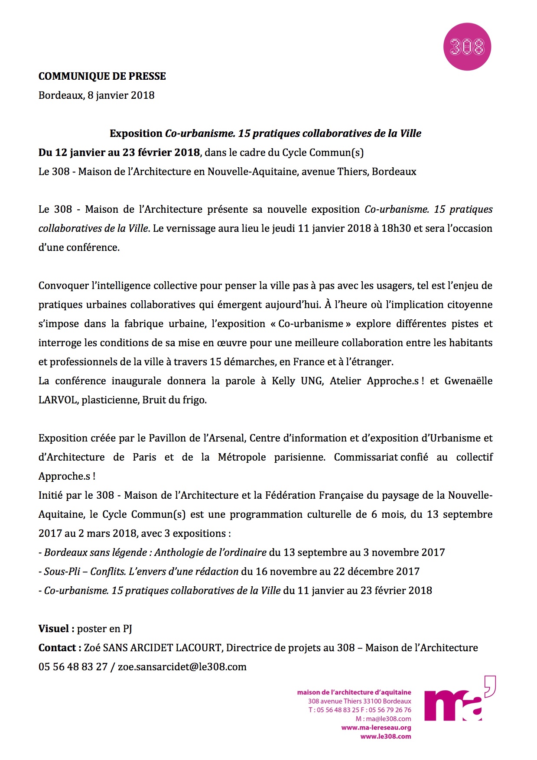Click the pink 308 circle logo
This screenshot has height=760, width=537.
[x=467, y=47]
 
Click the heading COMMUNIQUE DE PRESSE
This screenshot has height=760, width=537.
[x=102, y=76]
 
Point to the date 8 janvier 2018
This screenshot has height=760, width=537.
[x=121, y=95]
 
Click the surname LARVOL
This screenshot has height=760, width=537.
[x=58, y=400]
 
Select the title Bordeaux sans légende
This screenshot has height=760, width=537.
[x=96, y=552]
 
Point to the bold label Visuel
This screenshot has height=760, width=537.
[x=54, y=629]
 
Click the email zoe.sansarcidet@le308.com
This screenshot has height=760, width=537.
[x=182, y=667]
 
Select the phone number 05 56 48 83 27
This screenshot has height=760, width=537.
[x=73, y=667]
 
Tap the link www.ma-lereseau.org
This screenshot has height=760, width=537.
[x=376, y=728]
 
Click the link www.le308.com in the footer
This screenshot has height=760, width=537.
[x=386, y=736]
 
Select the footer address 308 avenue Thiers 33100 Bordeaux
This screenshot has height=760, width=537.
[x=359, y=701]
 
